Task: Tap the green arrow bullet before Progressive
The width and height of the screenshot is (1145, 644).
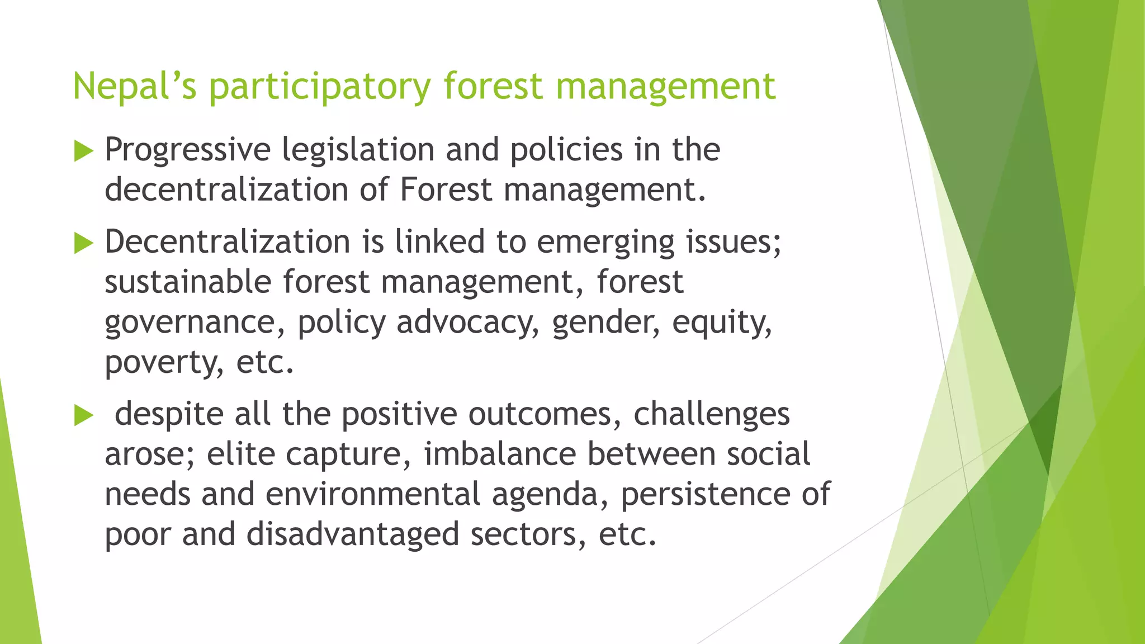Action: click(83, 151)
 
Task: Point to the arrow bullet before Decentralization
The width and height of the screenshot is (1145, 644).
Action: click(83, 243)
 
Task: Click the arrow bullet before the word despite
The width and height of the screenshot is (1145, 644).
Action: click(83, 415)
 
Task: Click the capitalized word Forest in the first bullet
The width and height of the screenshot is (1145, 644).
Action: click(445, 190)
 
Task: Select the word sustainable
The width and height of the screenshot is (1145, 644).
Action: click(188, 282)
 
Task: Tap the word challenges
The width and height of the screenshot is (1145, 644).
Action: click(711, 415)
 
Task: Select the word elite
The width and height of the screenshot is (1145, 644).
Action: click(240, 454)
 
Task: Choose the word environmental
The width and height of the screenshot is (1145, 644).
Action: click(373, 494)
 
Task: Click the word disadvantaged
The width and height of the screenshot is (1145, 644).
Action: click(353, 534)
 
